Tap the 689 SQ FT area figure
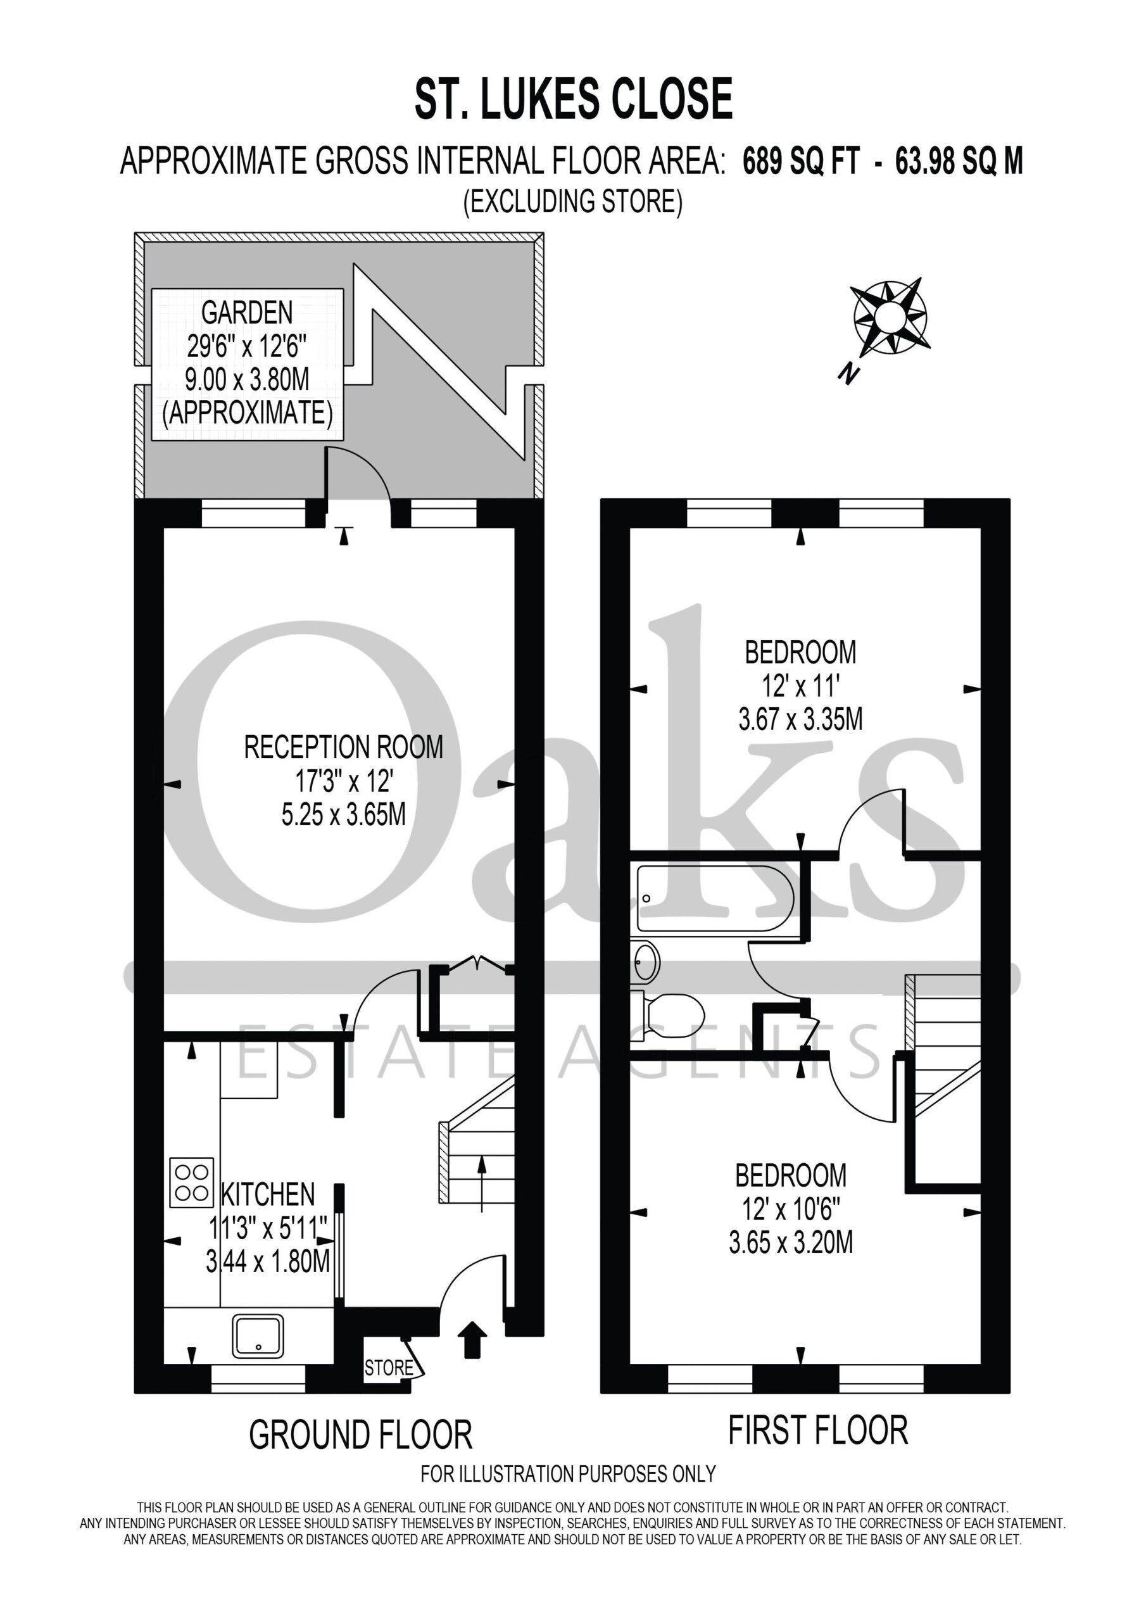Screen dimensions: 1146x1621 tap(801, 162)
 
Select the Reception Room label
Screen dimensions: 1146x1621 tap(344, 747)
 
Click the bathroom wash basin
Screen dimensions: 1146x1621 tap(645, 962)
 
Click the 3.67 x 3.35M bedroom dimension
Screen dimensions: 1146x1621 tap(801, 720)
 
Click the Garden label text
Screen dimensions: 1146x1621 tap(247, 312)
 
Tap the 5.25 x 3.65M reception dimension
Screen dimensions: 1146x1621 tap(344, 816)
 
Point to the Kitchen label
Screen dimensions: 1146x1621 tap(268, 1194)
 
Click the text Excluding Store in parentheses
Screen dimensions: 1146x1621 tap(572, 202)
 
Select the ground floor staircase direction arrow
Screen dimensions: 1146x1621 tap(482, 1184)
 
